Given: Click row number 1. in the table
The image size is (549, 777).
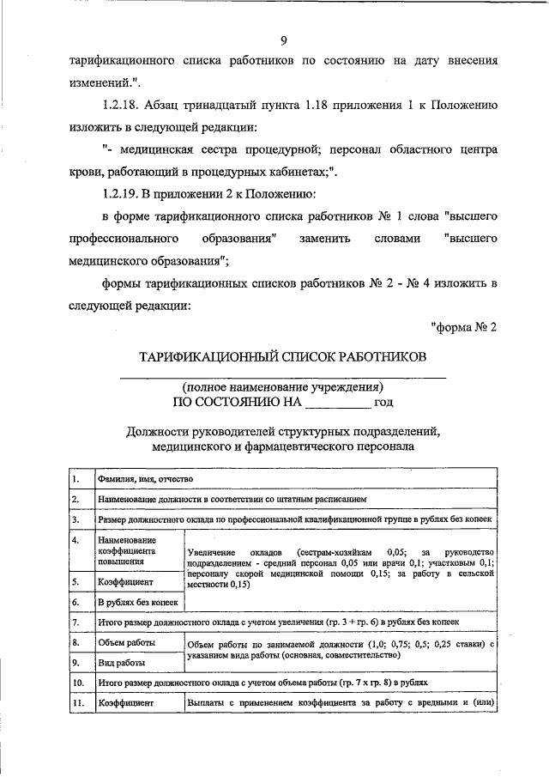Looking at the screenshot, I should click(x=77, y=479).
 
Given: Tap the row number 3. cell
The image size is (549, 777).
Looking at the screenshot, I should click(x=77, y=520).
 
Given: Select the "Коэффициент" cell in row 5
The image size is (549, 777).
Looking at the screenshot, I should click(x=125, y=581).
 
